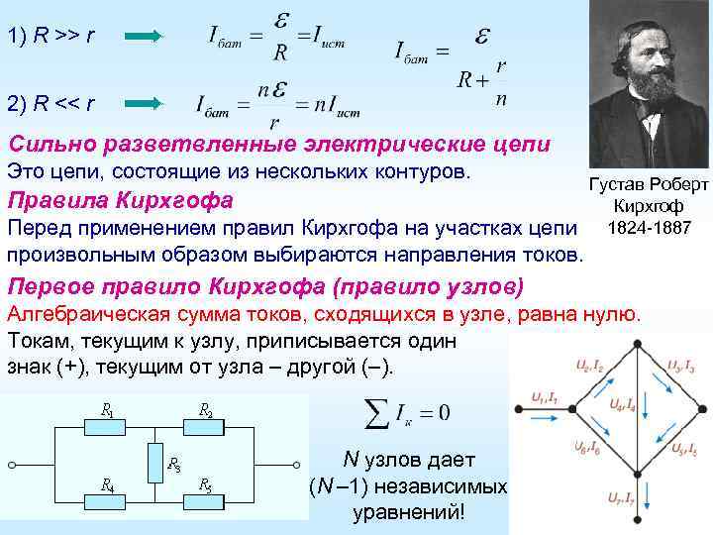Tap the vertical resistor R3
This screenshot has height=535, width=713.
[x=155, y=462]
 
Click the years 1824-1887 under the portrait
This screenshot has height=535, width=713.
[x=649, y=228]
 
